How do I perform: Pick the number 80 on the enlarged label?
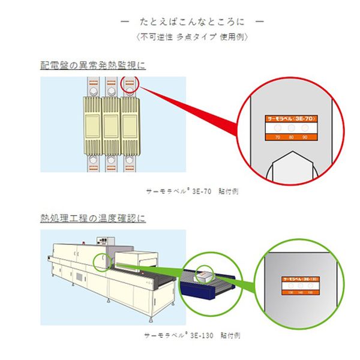291,137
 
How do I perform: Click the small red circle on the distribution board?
133,85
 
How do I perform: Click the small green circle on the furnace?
101,262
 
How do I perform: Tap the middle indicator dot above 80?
291,129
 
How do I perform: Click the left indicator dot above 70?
278,129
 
